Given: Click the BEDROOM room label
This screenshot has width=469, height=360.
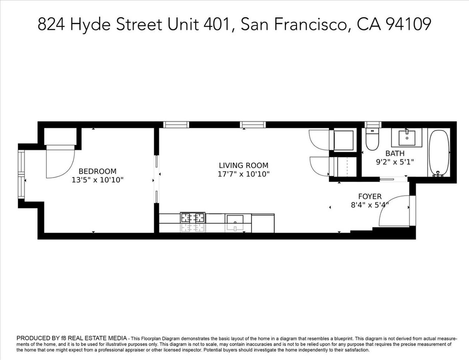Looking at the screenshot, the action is point(97,171).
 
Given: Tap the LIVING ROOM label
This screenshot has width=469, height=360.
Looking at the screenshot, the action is point(243,165).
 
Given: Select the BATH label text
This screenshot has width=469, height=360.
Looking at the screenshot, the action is point(395,153).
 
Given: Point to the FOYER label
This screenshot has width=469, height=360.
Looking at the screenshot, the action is point(370,196).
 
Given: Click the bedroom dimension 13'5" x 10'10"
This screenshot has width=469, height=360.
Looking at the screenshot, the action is point(97,180).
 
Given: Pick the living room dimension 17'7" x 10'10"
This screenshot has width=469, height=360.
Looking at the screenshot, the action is point(243,174).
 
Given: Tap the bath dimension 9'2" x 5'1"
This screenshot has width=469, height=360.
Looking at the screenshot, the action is point(395,162).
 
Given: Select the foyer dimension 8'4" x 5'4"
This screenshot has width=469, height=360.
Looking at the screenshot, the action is point(369,205).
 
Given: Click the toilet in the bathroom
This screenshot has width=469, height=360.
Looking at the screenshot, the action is point(372,139).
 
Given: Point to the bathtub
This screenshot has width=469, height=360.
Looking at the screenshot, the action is point(439,153).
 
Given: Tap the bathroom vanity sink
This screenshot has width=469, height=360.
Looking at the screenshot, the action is point(407,138).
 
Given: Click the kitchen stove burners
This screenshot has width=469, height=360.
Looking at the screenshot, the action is point(192,217).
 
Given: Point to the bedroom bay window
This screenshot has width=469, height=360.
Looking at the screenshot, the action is point(21,174).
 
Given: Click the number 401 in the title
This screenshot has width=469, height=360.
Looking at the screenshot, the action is point(216,24).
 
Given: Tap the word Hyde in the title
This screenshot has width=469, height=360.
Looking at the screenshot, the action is point(90,24).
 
